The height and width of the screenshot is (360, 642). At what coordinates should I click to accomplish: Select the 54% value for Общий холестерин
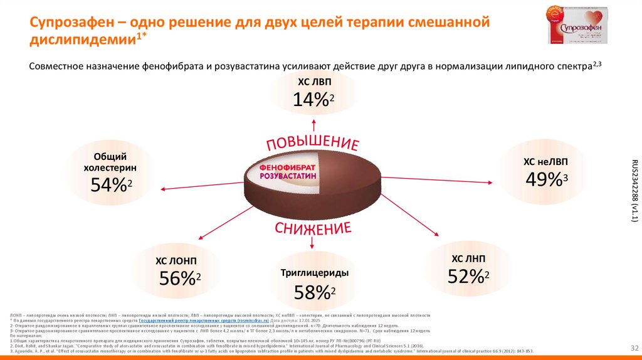110,184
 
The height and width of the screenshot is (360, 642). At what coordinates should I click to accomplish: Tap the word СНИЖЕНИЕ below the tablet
311,228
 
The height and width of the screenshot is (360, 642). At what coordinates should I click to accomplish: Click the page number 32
633,347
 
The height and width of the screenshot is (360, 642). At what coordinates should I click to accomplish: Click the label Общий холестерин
110,162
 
